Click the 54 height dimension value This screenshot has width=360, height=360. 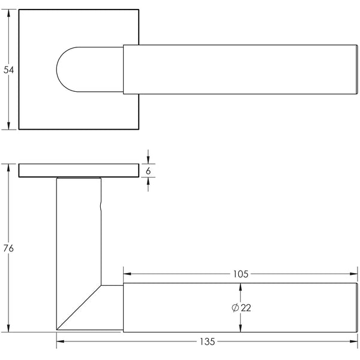[x=8, y=70]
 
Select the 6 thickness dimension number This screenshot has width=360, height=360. [x=148, y=171]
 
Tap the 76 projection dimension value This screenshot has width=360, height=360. [x=8, y=248]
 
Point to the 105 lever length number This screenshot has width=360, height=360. [x=240, y=274]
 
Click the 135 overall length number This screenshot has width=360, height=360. [x=207, y=342]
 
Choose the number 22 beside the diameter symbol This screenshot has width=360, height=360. [x=245, y=308]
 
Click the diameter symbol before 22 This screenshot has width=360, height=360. [x=235, y=308]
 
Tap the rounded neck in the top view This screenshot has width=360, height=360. [x=72, y=68]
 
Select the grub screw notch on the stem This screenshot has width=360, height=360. [x=100, y=207]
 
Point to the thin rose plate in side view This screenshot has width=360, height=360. [x=78, y=171]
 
